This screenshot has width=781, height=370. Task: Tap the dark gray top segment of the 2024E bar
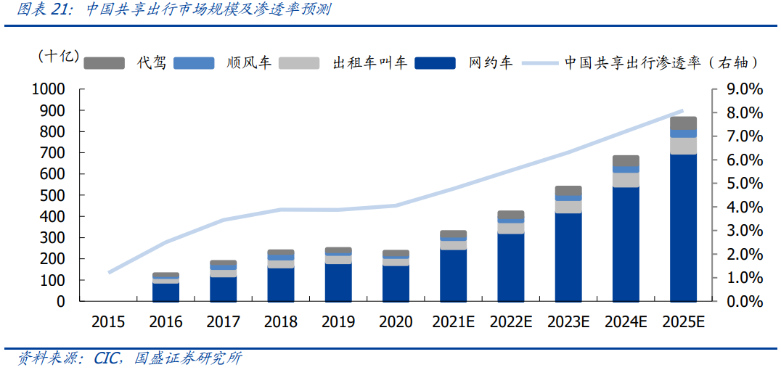[x=626, y=160]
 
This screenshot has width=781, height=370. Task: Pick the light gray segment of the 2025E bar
[x=683, y=146]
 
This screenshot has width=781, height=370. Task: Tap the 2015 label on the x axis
[x=107, y=322]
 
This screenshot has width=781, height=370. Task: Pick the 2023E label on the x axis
[x=568, y=322]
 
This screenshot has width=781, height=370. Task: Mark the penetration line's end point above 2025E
[x=682, y=111]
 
